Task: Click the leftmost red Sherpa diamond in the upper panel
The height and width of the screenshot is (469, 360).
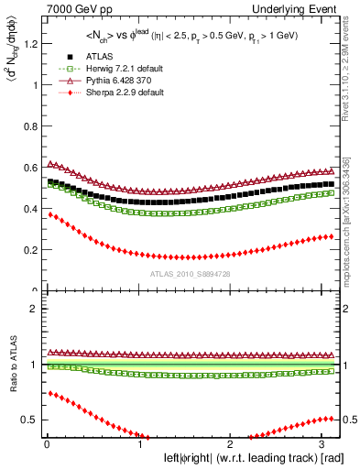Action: [x=48, y=213]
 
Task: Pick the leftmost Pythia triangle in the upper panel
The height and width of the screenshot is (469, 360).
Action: [x=48, y=163]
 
